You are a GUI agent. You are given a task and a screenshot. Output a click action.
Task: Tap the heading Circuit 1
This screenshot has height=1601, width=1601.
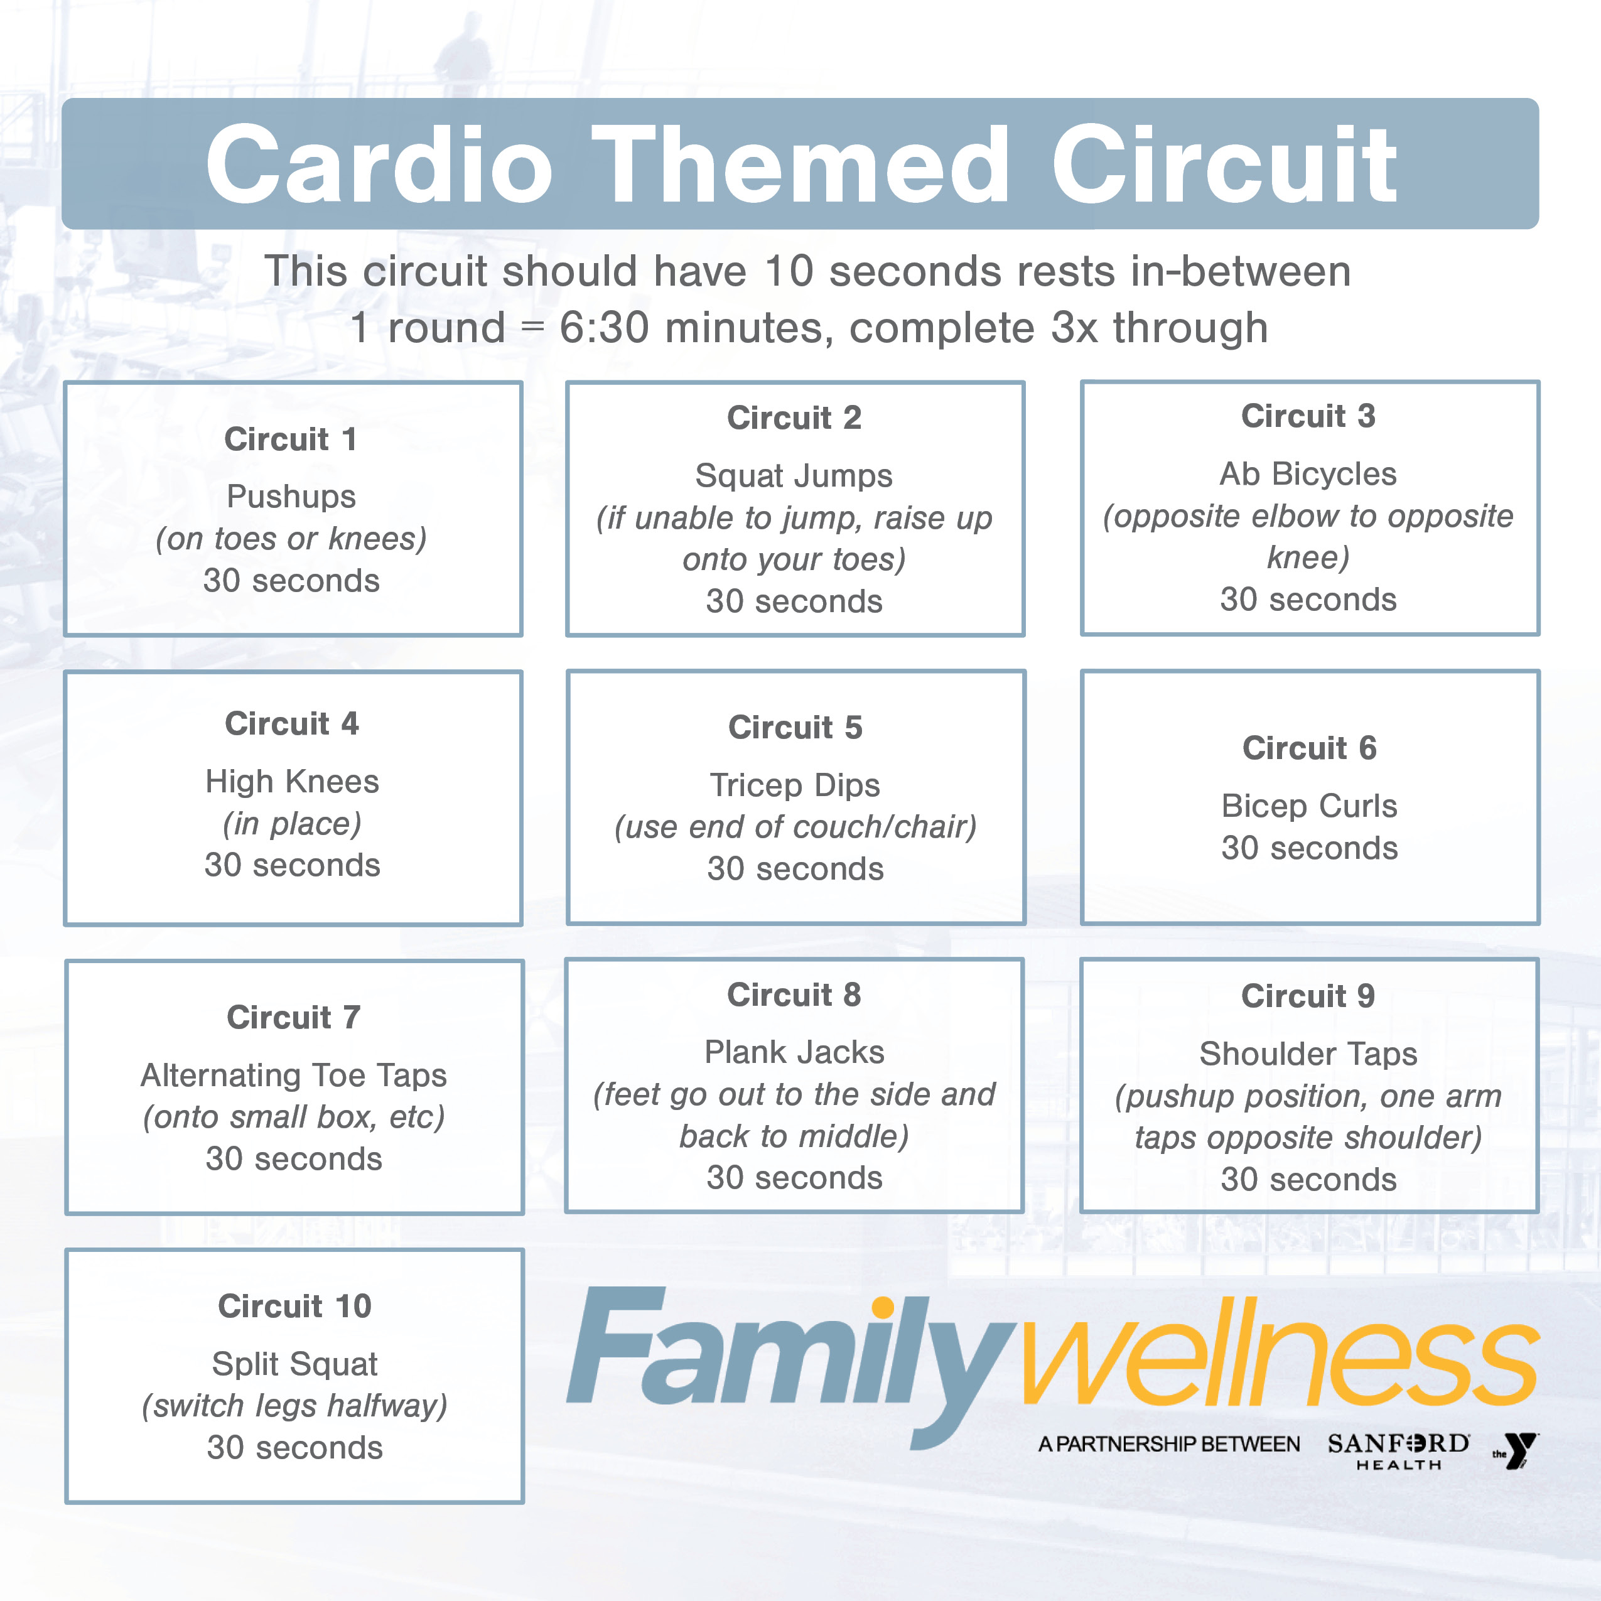(291, 439)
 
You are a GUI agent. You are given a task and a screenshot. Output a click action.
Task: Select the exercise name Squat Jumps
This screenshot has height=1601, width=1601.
(794, 476)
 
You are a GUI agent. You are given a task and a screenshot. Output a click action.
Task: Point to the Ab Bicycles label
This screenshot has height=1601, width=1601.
(1308, 474)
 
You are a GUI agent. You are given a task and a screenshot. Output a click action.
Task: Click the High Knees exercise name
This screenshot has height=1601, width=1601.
(292, 782)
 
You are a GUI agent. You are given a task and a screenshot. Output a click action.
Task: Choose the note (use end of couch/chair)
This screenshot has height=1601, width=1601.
(795, 826)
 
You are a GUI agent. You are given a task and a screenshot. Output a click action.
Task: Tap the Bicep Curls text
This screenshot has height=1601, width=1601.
(1308, 806)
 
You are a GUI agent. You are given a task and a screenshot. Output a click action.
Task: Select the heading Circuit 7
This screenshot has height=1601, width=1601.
(293, 1018)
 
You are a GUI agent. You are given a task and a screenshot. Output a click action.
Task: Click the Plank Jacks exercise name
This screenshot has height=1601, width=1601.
(794, 1052)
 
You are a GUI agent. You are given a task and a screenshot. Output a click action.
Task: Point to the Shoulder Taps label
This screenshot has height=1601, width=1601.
(1308, 1054)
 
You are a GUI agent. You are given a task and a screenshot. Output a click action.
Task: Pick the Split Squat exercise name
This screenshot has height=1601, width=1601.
(294, 1364)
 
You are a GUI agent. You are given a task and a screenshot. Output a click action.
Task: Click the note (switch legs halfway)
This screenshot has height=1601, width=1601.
(294, 1406)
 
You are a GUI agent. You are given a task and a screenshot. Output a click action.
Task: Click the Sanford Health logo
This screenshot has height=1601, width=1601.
(1398, 1451)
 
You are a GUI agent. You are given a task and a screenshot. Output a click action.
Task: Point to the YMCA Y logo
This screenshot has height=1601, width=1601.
(1516, 1451)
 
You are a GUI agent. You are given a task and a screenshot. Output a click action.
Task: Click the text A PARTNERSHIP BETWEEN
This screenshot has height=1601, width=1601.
(1168, 1445)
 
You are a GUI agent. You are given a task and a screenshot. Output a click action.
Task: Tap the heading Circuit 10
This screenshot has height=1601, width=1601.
(294, 1306)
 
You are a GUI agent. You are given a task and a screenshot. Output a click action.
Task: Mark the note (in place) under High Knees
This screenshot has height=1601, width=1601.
(292, 823)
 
